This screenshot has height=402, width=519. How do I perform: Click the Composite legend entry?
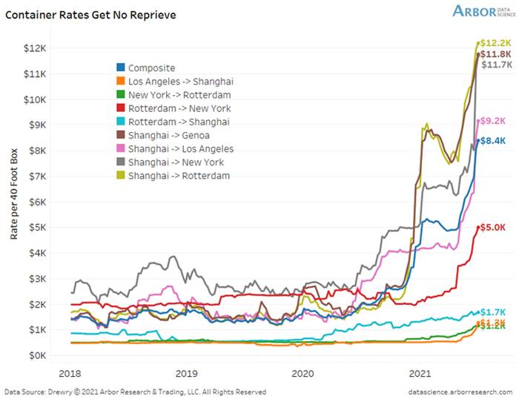152,67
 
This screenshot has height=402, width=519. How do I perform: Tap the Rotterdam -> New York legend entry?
179,108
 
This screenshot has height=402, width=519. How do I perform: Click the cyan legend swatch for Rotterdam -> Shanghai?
122,122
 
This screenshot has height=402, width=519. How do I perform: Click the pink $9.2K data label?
492,120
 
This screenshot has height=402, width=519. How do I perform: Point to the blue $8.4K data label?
492,140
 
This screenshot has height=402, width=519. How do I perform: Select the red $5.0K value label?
492,227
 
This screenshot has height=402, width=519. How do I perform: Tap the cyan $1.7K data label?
492,312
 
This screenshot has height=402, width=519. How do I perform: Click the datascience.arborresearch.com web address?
459,392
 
